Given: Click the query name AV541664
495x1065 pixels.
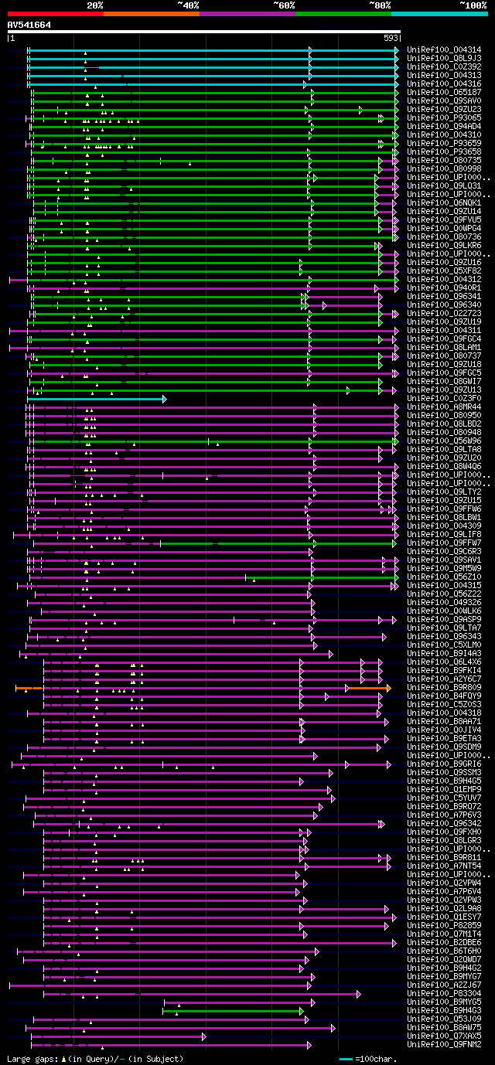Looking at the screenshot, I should [29, 25].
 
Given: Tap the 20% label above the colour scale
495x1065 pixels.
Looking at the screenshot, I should [95, 5].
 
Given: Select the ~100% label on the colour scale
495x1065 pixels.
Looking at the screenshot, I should [473, 5].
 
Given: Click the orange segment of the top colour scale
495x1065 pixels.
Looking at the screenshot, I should [151, 14].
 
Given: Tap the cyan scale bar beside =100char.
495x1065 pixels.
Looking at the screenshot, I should [346, 1059].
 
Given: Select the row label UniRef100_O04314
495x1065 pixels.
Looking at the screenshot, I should [444, 49].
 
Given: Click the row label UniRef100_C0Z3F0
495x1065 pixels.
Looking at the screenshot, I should [444, 399].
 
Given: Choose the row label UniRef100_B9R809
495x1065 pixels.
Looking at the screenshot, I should [444, 688].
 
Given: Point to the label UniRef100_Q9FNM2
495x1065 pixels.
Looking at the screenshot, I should [444, 1045].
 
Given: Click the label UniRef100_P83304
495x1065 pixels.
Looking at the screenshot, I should [444, 994].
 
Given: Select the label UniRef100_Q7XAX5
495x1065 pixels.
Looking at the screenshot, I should [444, 1036].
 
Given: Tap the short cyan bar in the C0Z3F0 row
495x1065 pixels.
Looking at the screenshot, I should [101, 399].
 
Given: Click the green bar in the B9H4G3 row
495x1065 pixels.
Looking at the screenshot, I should [232, 1011].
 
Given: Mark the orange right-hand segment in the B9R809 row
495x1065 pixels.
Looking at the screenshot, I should [368, 688].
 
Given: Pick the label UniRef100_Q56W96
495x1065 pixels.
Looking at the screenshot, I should [444, 441].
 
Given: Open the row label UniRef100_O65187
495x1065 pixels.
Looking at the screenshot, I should [444, 92].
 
